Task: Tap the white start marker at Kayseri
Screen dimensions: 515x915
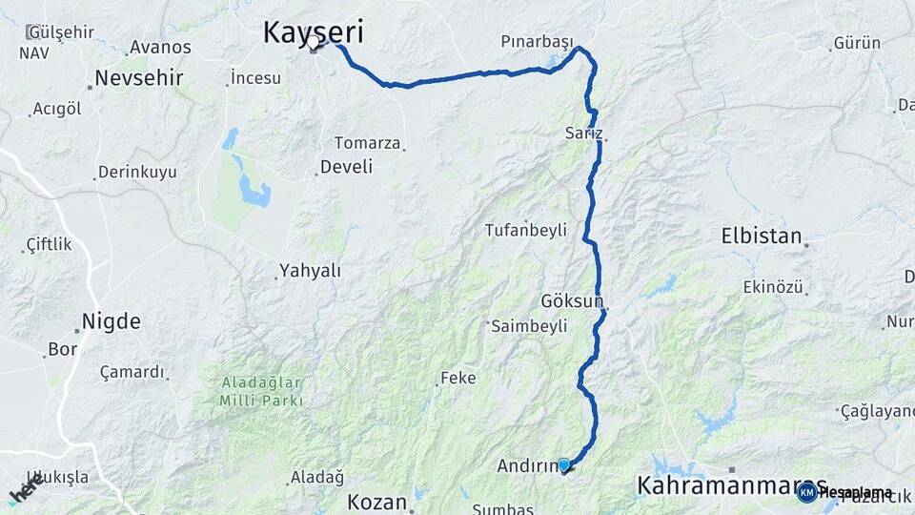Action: (x=314, y=42)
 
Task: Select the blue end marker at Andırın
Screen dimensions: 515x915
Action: (x=564, y=465)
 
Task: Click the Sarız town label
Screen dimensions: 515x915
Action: (x=583, y=133)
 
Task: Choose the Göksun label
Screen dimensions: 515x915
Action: (x=572, y=301)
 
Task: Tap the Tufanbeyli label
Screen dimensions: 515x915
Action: (x=525, y=230)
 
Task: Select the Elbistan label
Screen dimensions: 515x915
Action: (x=761, y=236)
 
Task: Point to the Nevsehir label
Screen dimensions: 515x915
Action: (x=139, y=78)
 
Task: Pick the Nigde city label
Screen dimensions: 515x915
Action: (x=112, y=320)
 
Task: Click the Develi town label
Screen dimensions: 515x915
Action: (x=346, y=167)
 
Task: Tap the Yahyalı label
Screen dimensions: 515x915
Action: (x=310, y=271)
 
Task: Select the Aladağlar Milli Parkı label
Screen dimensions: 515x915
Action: (x=261, y=391)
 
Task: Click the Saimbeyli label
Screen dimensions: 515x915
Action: (x=529, y=326)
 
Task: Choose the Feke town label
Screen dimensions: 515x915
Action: (x=457, y=379)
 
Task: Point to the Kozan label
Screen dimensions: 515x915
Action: (x=376, y=502)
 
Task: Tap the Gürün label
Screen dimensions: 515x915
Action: (x=856, y=43)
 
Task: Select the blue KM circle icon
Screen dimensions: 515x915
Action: (x=807, y=492)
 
